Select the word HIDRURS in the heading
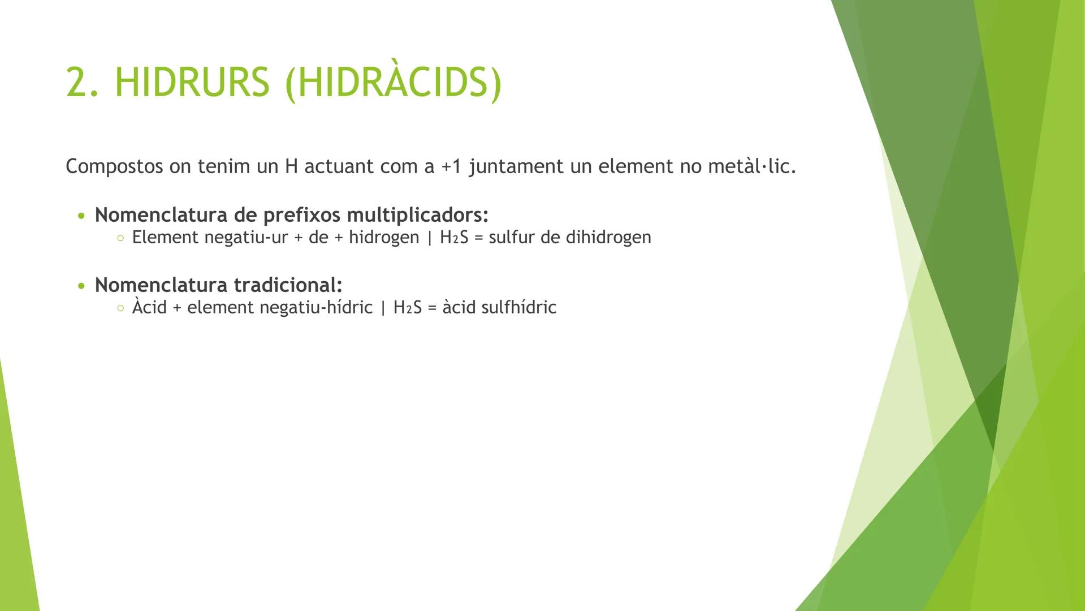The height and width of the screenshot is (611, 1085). tap(192, 83)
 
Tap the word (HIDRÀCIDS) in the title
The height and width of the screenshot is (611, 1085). tap(394, 83)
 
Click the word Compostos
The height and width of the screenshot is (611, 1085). tap(114, 167)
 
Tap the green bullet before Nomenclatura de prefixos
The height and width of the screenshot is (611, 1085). tap(82, 216)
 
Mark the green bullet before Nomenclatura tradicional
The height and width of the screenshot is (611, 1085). tap(82, 286)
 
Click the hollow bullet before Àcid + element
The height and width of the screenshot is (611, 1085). tap(120, 309)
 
